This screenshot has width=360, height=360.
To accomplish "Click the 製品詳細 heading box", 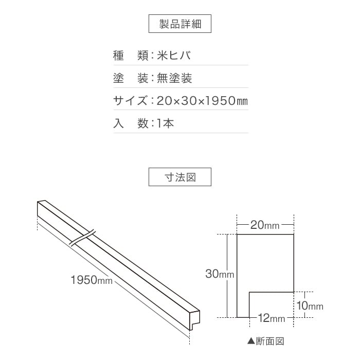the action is (180, 24).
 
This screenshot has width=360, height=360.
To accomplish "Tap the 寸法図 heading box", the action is (180, 177).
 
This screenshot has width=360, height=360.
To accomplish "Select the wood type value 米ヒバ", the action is (174, 56).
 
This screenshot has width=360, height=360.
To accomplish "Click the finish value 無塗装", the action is (174, 78).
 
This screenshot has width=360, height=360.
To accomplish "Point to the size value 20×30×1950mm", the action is (202, 101).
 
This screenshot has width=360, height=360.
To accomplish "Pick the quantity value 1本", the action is (165, 123).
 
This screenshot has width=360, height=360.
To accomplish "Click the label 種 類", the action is (131, 56).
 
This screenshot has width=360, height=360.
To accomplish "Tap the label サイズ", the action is (130, 101).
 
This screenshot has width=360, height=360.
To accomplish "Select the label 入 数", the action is (131, 123).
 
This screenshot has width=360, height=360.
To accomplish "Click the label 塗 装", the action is (131, 78).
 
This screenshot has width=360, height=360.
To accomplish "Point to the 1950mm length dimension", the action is (92, 280).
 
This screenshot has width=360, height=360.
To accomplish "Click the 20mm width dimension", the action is (265, 225).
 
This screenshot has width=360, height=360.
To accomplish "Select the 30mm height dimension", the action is (220, 274).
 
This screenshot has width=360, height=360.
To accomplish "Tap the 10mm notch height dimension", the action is (310, 305).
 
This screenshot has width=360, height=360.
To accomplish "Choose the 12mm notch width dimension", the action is (272, 318).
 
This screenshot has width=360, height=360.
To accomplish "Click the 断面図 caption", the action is (270, 341).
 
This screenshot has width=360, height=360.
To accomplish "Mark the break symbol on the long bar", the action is (82, 238).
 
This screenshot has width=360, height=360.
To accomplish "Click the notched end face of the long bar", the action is (195, 320).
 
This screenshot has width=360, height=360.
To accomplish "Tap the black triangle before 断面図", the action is (251, 341).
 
